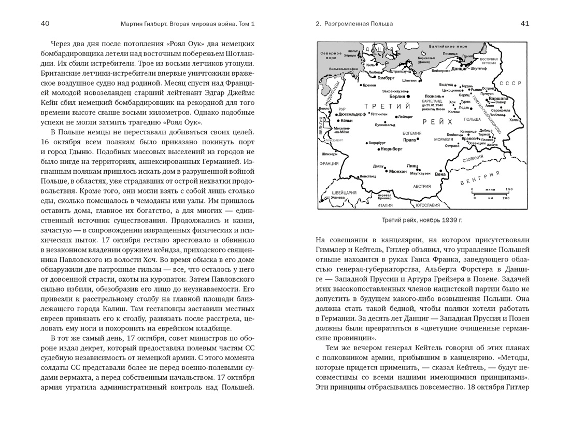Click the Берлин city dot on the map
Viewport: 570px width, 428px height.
(408, 96)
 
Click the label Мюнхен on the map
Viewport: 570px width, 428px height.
(397, 171)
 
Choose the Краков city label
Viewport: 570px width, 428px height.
(468, 139)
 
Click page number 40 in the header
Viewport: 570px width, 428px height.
(45, 23)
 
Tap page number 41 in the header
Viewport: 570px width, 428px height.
(524, 23)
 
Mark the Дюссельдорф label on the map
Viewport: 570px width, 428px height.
(353, 114)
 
